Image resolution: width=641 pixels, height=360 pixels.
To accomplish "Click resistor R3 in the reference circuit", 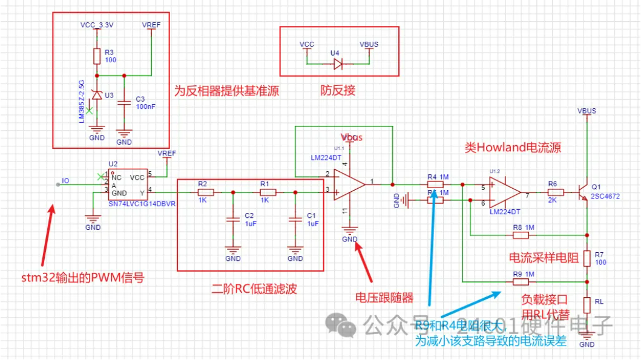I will [97, 56].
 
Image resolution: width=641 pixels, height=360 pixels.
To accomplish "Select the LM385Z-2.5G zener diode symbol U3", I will [96, 95].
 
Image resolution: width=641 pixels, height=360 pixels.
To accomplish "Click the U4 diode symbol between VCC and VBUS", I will [338, 63].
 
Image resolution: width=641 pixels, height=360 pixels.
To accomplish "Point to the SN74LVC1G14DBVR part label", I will [142, 205].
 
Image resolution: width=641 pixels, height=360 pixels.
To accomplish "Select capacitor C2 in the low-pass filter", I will [233, 219].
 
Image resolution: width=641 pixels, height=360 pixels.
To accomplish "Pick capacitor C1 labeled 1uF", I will [295, 219].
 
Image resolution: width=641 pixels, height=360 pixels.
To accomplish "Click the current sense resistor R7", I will [587, 257].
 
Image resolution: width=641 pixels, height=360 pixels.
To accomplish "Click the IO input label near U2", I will [65, 181].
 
